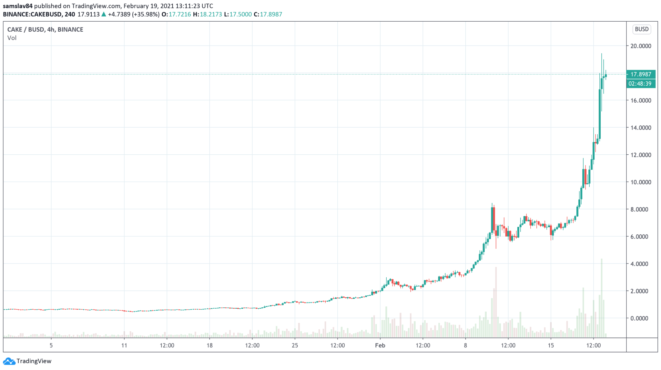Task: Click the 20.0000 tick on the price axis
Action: (x=641, y=46)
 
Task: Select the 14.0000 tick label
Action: (x=641, y=128)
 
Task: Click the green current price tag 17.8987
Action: (x=641, y=74)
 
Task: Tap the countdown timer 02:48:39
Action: (x=641, y=84)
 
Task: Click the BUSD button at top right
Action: (x=641, y=29)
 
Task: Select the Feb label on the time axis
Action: (x=380, y=345)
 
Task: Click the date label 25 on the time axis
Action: (x=295, y=345)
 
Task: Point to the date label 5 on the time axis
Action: (x=51, y=345)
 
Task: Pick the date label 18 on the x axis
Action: (x=209, y=345)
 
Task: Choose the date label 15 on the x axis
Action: (x=551, y=345)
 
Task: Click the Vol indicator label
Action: (x=12, y=38)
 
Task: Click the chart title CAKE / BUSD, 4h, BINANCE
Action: (x=45, y=29)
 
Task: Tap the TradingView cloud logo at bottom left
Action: (x=9, y=361)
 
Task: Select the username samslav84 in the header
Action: (x=18, y=6)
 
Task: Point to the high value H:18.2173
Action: (x=207, y=14)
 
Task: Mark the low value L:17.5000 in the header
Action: (x=238, y=14)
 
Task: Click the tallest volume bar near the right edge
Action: (x=602, y=297)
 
